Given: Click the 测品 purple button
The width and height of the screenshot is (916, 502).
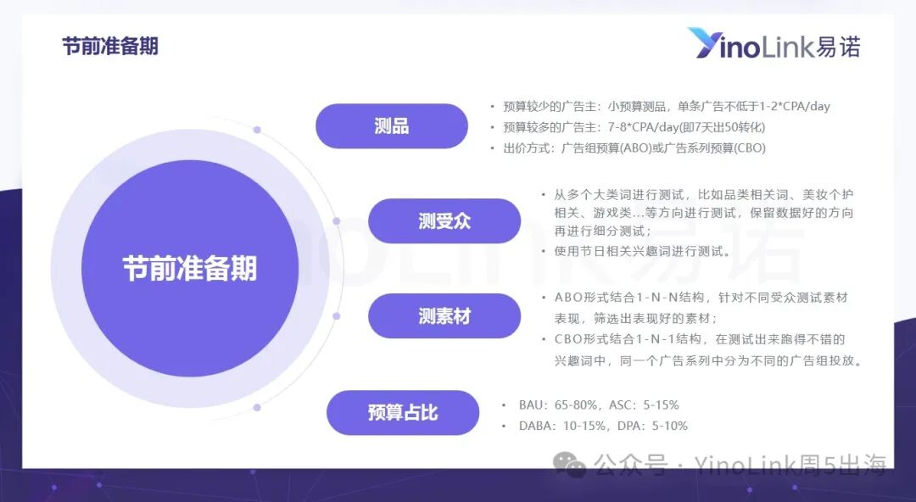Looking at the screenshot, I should tap(391, 126).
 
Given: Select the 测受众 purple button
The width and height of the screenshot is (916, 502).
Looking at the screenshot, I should tap(444, 221).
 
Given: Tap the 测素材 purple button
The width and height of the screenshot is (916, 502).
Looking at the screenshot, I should tap(444, 316).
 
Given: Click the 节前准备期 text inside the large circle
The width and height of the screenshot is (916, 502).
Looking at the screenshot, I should tap(189, 269).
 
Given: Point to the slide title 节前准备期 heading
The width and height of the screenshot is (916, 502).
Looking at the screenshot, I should tap(110, 46).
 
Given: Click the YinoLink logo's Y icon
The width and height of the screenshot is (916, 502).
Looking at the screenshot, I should tap(706, 43).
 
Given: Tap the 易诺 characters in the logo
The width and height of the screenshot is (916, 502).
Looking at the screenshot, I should tap(838, 46).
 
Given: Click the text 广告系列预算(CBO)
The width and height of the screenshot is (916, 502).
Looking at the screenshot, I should tap(718, 148).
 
